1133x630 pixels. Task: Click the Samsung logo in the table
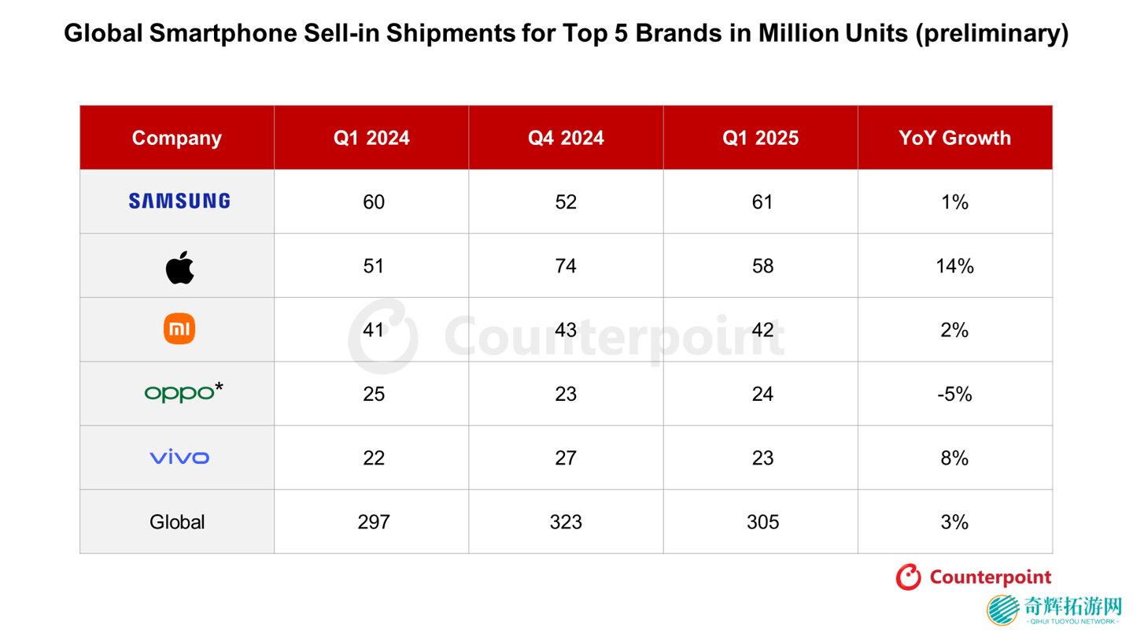[179, 202]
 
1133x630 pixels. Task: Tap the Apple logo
[179, 268]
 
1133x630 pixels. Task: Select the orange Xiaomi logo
[179, 329]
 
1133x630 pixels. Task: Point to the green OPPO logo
[183, 391]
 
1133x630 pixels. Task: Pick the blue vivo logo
[179, 458]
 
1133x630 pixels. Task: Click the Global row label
[177, 522]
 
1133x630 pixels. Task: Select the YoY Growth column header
[954, 138]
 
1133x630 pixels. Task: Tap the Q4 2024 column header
[566, 138]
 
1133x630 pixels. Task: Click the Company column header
[177, 138]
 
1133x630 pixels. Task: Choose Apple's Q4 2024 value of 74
[566, 266]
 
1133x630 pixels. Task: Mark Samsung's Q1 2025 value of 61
[762, 202]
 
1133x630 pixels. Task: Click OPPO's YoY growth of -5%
[954, 394]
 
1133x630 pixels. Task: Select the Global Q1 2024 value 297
[373, 522]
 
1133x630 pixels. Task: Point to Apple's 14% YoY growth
[954, 266]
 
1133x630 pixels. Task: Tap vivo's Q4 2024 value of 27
[566, 458]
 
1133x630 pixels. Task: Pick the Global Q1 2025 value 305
[762, 522]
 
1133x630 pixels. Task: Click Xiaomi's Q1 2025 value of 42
[762, 330]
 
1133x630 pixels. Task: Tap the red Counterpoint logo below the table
[973, 577]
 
